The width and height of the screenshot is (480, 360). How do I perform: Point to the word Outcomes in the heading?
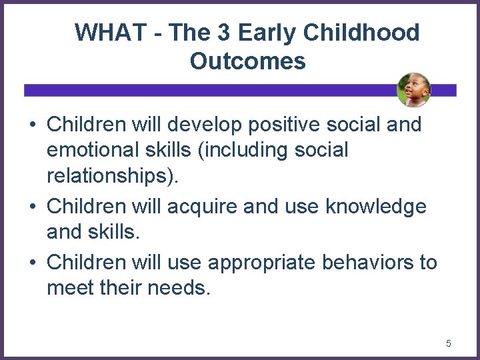[247, 61]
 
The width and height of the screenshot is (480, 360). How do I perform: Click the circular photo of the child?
[413, 90]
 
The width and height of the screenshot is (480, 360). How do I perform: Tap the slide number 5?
[448, 343]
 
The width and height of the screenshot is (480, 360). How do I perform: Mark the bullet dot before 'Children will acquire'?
[32, 207]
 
